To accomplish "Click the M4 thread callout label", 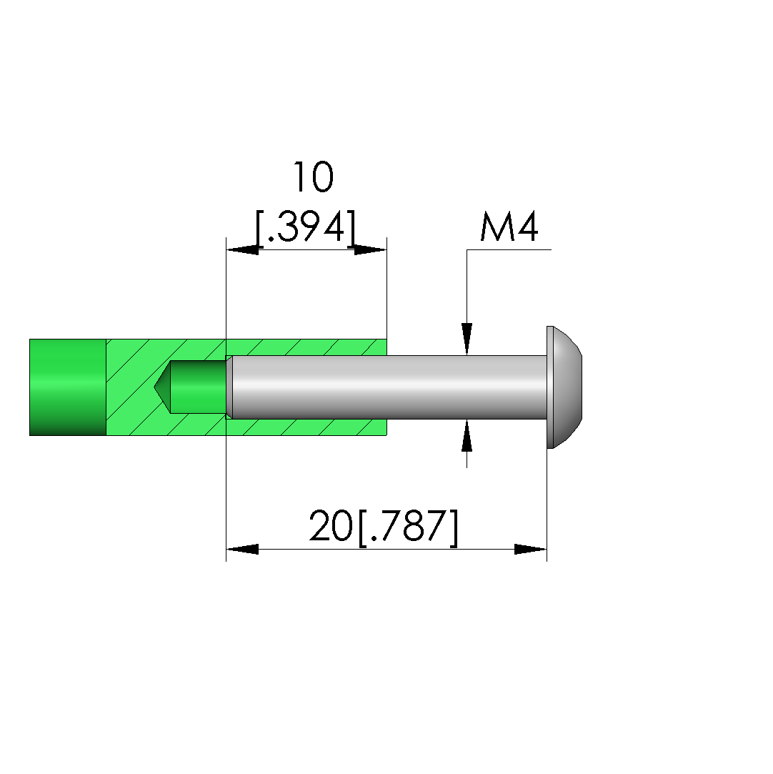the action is pos(509,227).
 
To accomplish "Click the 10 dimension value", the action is pos(314,177).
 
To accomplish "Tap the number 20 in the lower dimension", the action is pos(331,526).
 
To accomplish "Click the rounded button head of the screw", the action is pos(565,387).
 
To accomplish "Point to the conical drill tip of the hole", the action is pos(162,387).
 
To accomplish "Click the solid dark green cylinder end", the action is pos(68,387).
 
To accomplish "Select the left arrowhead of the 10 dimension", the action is pos(242,249).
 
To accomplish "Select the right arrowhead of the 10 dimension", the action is pos(370,249).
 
